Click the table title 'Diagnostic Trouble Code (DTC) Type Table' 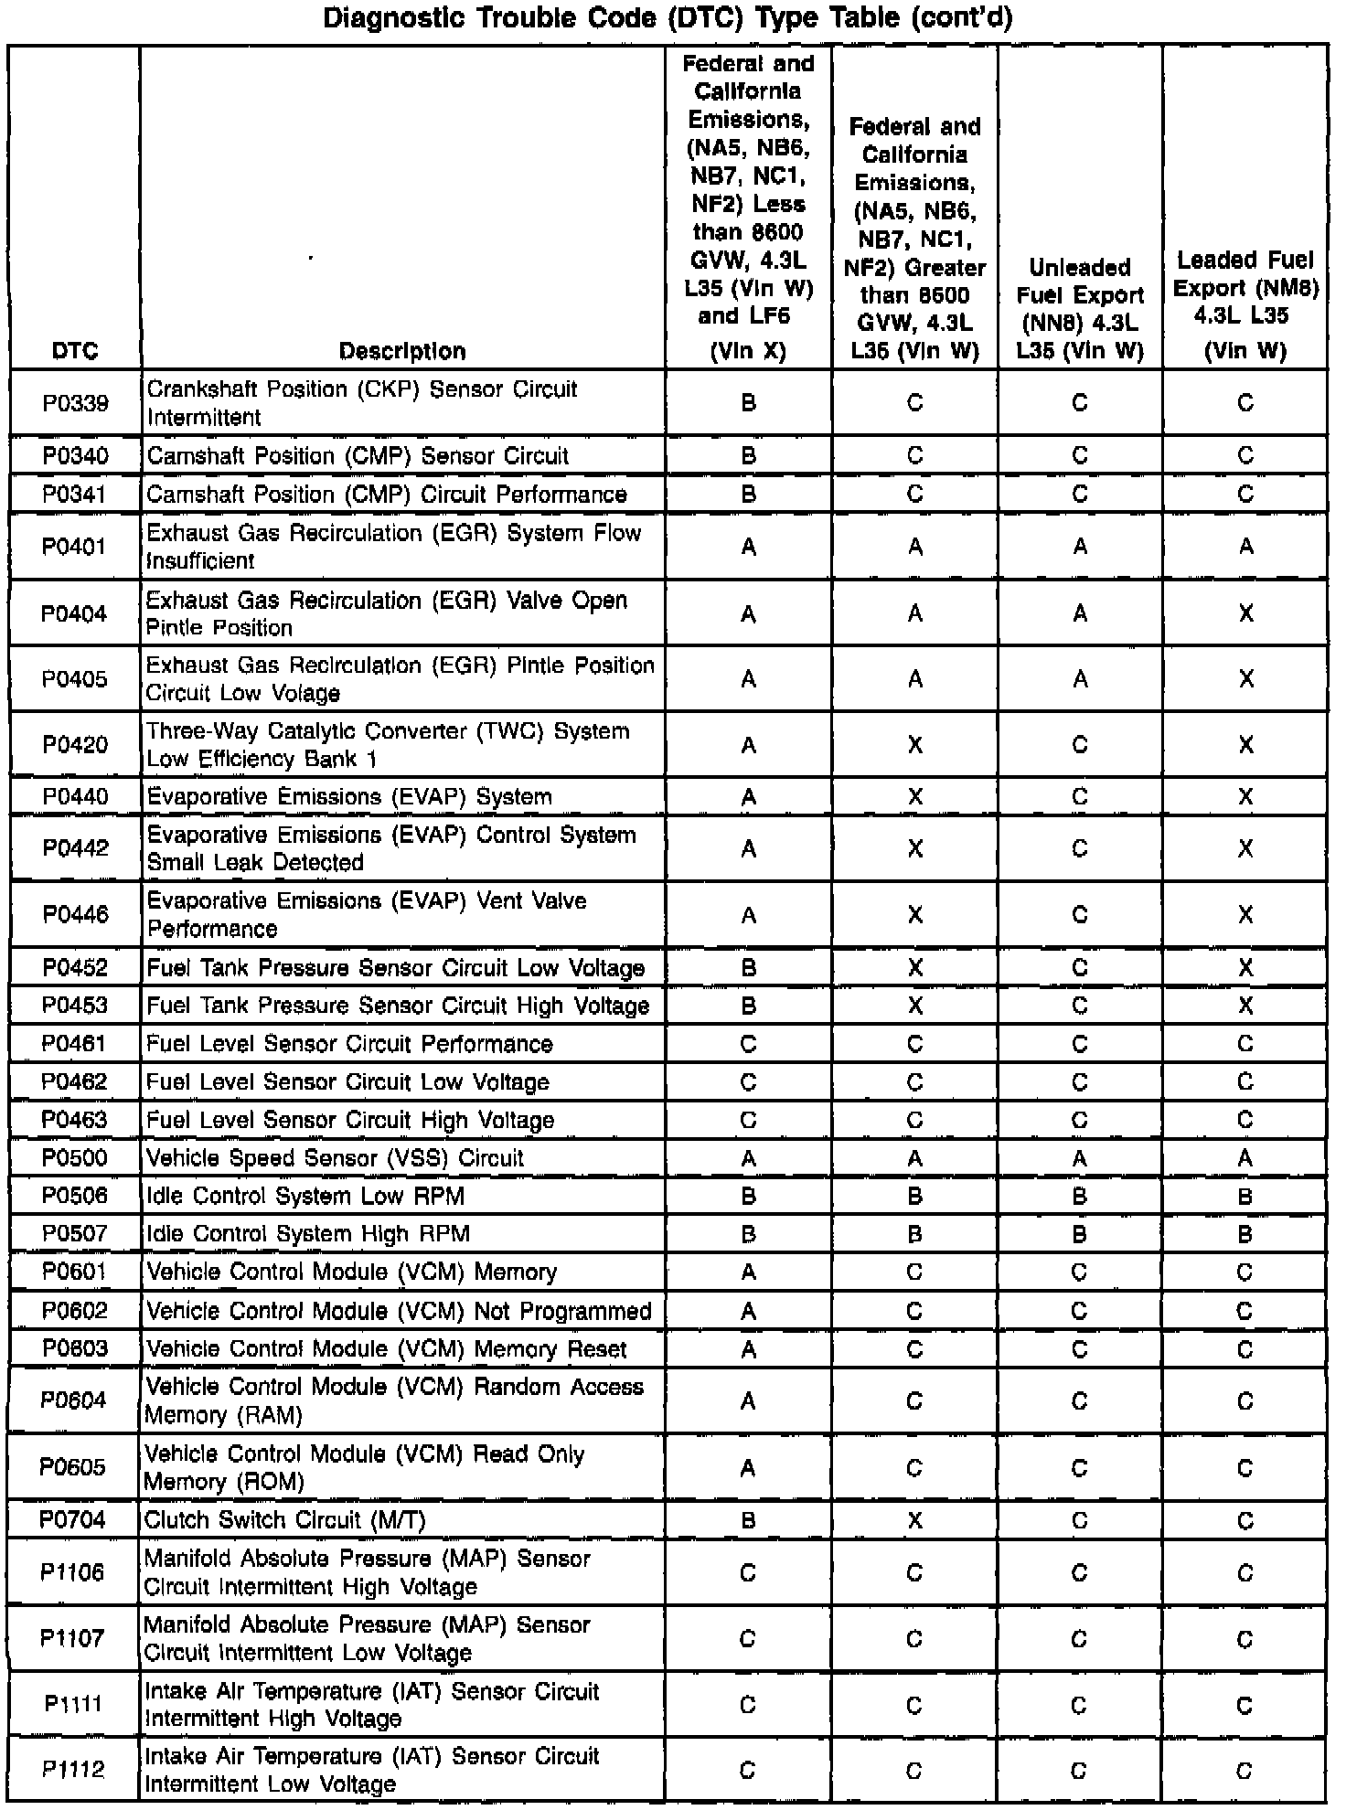pyautogui.click(x=668, y=18)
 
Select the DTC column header pyautogui.click(x=75, y=351)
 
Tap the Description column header pyautogui.click(x=402, y=351)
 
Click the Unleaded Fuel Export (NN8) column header pyautogui.click(x=1080, y=309)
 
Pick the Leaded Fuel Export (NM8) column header pyautogui.click(x=1245, y=305)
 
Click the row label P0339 pyautogui.click(x=75, y=403)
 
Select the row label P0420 pyautogui.click(x=75, y=745)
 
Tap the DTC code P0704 pyautogui.click(x=73, y=1519)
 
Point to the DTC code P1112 pyautogui.click(x=73, y=1770)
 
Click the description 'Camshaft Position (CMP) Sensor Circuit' pyautogui.click(x=358, y=456)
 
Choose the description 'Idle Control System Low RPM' pyautogui.click(x=305, y=1196)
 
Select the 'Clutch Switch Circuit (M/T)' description pyautogui.click(x=285, y=1519)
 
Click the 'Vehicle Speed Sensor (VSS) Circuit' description pyautogui.click(x=335, y=1158)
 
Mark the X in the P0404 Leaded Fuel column pyautogui.click(x=1245, y=614)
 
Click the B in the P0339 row pyautogui.click(x=749, y=403)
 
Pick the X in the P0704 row pyautogui.click(x=914, y=1520)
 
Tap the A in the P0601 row pyautogui.click(x=749, y=1272)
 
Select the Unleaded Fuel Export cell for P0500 pyautogui.click(x=1080, y=1159)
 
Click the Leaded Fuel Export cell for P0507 pyautogui.click(x=1245, y=1235)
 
